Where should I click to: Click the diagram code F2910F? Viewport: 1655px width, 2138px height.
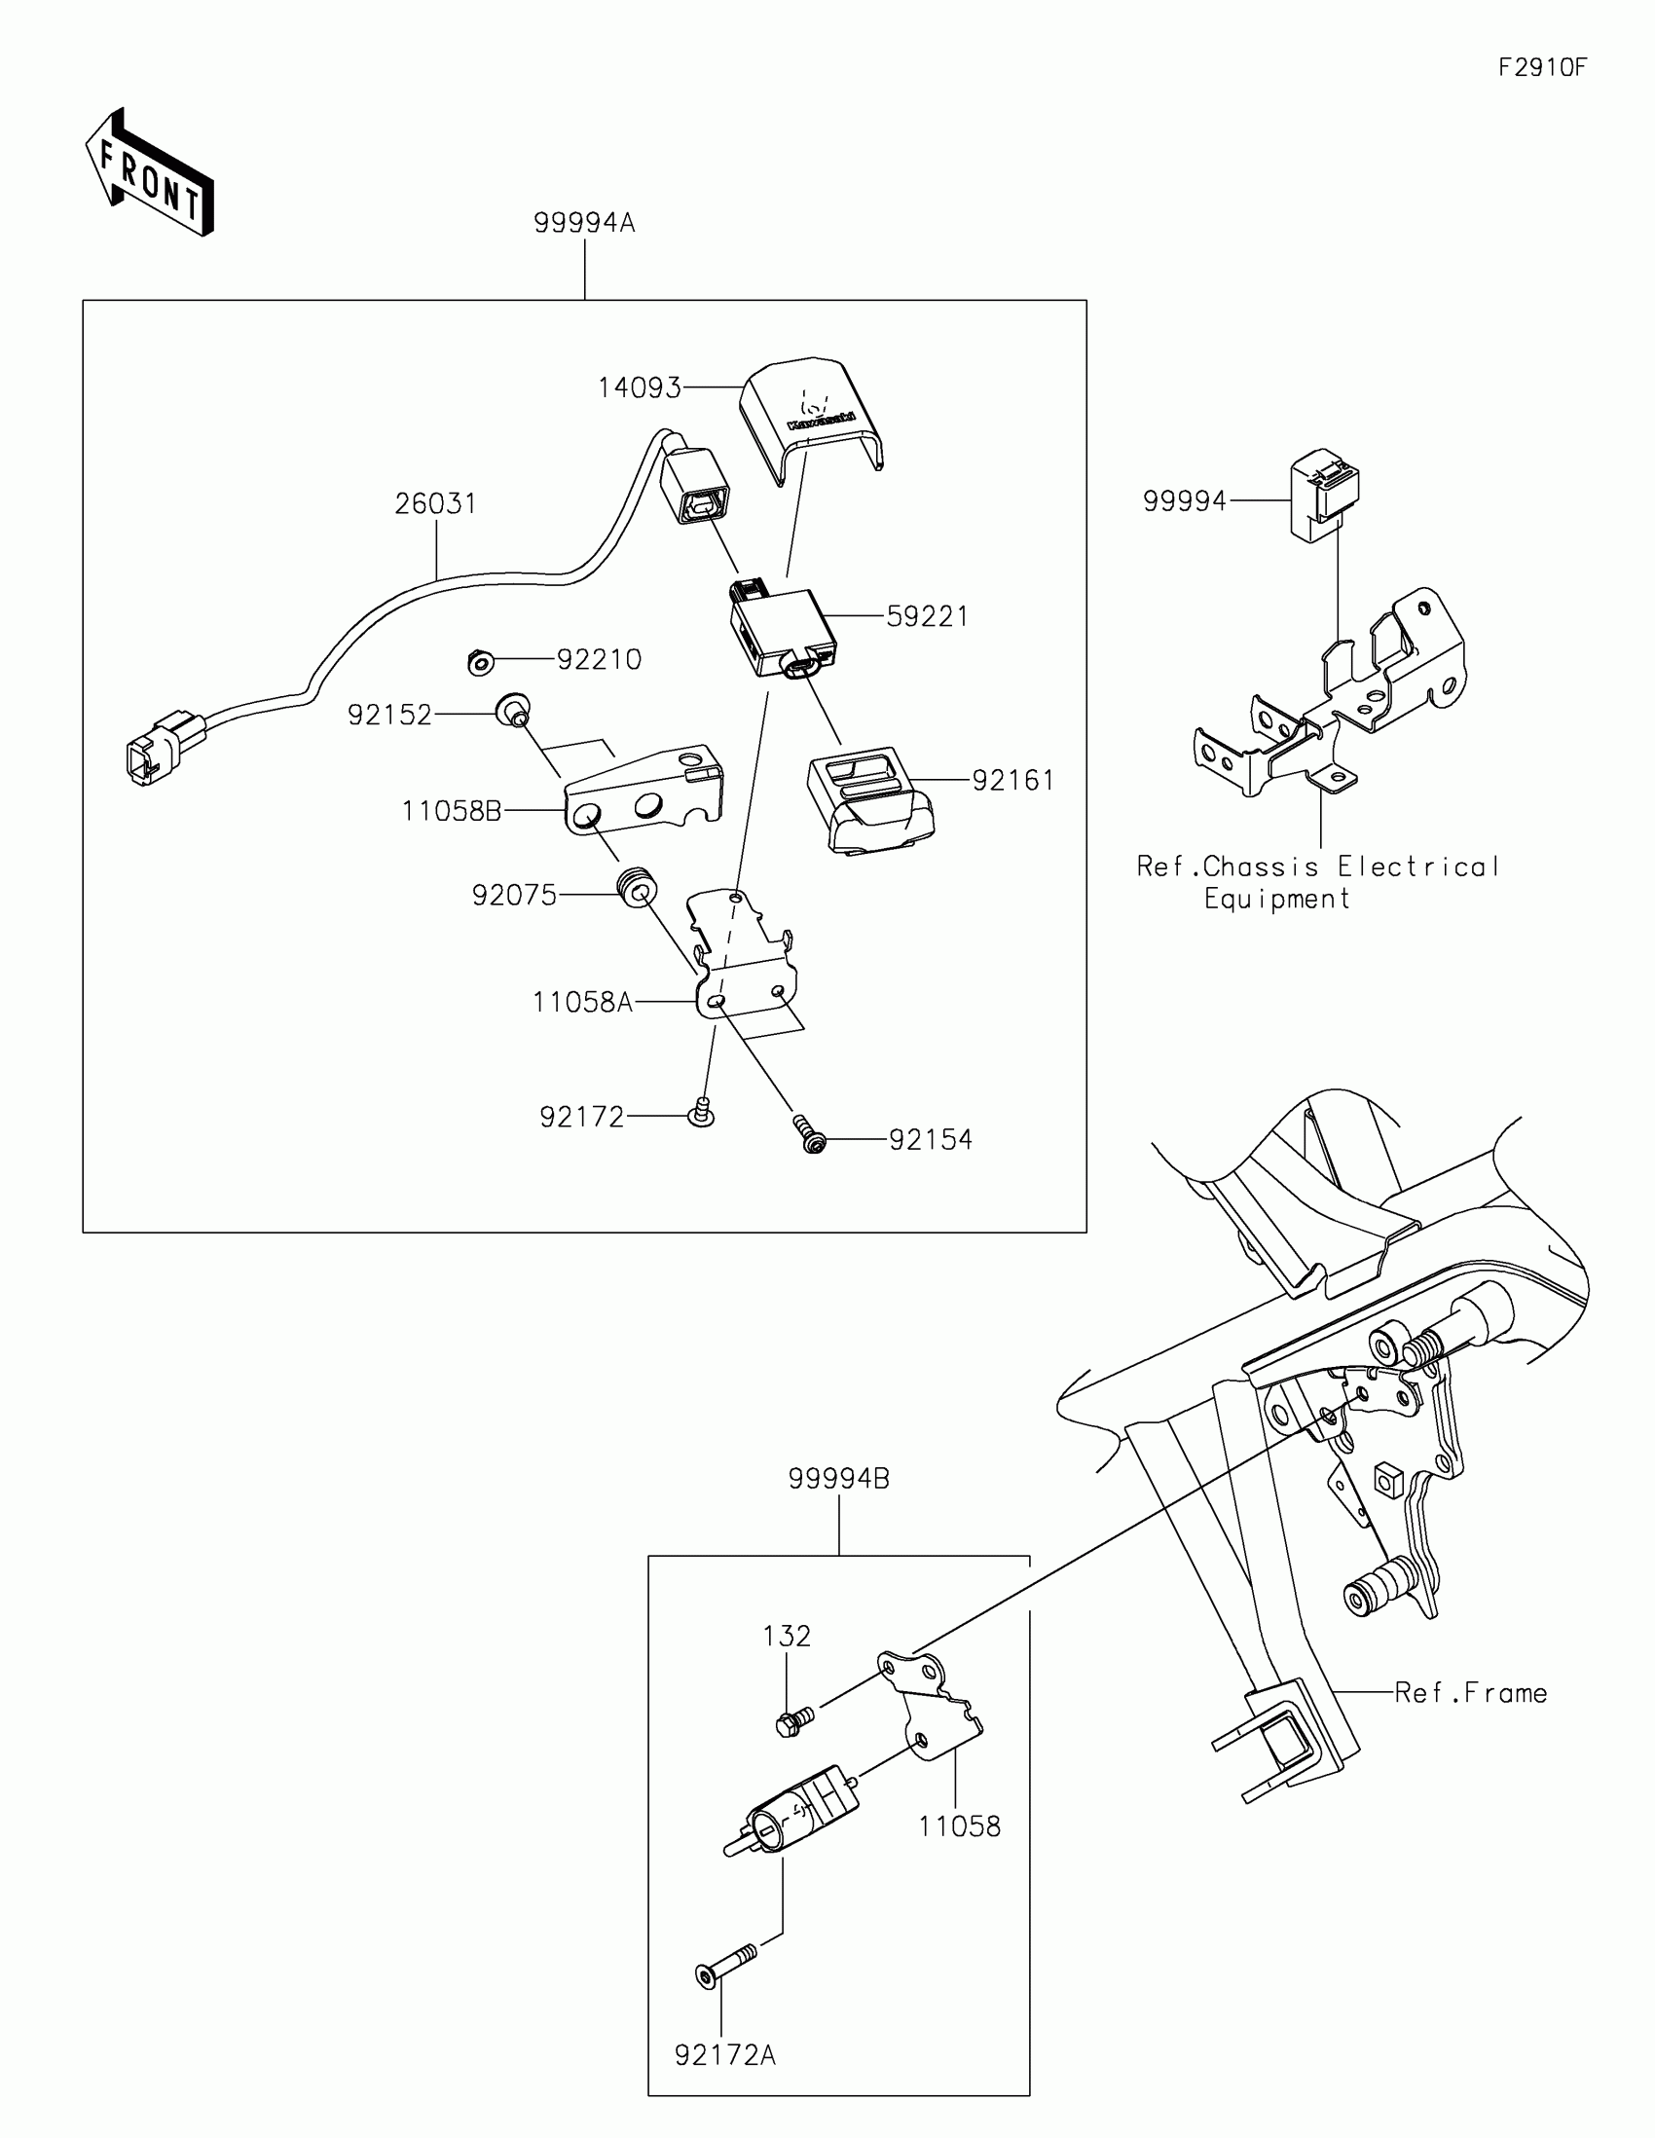[x=1542, y=67]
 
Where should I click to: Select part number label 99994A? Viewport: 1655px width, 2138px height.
[x=584, y=223]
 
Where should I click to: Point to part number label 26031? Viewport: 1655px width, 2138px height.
[x=435, y=504]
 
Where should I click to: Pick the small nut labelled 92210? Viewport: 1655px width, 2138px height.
[x=480, y=663]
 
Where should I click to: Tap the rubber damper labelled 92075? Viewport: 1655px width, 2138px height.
[x=636, y=887]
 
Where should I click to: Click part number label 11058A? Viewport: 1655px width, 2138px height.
[x=582, y=1003]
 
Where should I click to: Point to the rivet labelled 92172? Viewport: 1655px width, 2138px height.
[x=701, y=1112]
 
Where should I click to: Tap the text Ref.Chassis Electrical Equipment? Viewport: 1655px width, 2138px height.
[x=1317, y=882]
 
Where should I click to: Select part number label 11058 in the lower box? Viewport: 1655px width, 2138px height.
[x=959, y=1825]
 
